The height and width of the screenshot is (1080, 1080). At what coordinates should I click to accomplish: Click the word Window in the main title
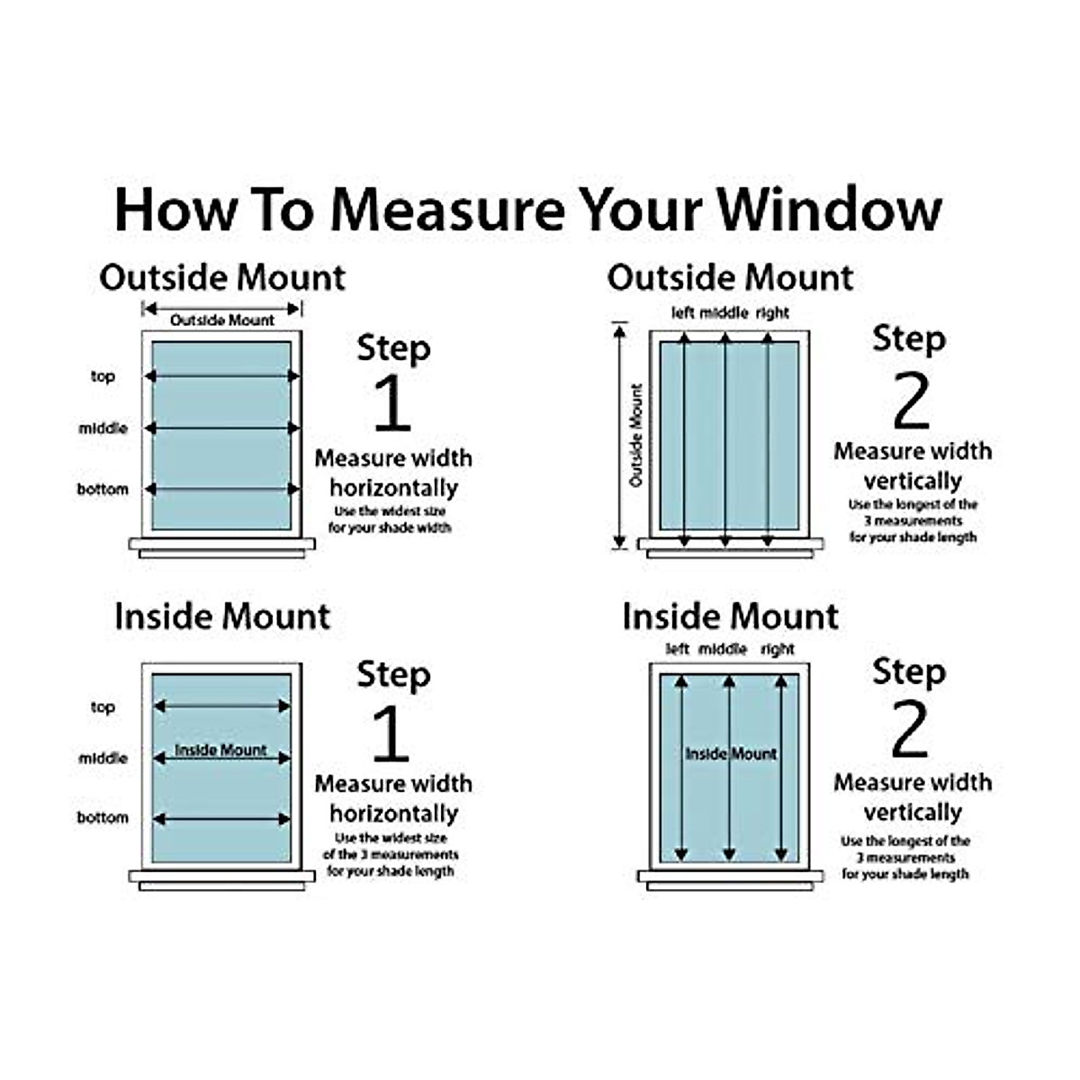coord(829,210)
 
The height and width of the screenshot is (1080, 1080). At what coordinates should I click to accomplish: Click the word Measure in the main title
coord(447,210)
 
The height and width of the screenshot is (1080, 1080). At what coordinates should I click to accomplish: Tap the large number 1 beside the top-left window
coord(391,402)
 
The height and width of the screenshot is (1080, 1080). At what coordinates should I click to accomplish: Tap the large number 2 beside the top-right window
coord(910,402)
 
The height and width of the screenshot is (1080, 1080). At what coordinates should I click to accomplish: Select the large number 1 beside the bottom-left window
coord(390,733)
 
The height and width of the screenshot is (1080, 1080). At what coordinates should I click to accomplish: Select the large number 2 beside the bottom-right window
coord(909,730)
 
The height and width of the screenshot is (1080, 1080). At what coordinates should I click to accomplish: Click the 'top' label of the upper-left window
coord(103,376)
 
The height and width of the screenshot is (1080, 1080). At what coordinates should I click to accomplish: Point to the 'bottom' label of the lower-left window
coord(103,818)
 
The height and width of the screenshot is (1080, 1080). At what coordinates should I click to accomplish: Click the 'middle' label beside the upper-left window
coord(103,428)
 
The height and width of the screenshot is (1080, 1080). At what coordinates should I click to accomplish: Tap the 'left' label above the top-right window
coord(683,313)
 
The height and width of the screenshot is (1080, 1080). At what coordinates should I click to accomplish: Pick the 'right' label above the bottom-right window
coord(777,649)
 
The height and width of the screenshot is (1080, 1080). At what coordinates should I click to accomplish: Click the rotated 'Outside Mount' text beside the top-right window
coord(637,436)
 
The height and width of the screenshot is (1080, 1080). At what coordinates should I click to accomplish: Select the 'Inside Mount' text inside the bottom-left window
coord(220,750)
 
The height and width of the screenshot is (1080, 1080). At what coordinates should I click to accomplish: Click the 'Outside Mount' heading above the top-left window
coord(222,277)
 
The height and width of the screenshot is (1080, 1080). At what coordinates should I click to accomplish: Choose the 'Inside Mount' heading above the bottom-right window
coord(730,616)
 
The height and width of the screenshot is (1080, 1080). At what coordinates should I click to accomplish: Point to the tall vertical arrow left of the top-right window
coord(619,436)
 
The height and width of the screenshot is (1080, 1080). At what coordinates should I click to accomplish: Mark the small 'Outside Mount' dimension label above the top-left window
coord(222,320)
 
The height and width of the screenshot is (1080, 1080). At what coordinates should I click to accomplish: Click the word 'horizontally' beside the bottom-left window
coord(393,814)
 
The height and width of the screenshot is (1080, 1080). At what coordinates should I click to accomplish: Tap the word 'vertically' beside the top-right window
coord(913,481)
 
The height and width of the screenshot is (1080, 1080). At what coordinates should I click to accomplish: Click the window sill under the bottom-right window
coord(730,876)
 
